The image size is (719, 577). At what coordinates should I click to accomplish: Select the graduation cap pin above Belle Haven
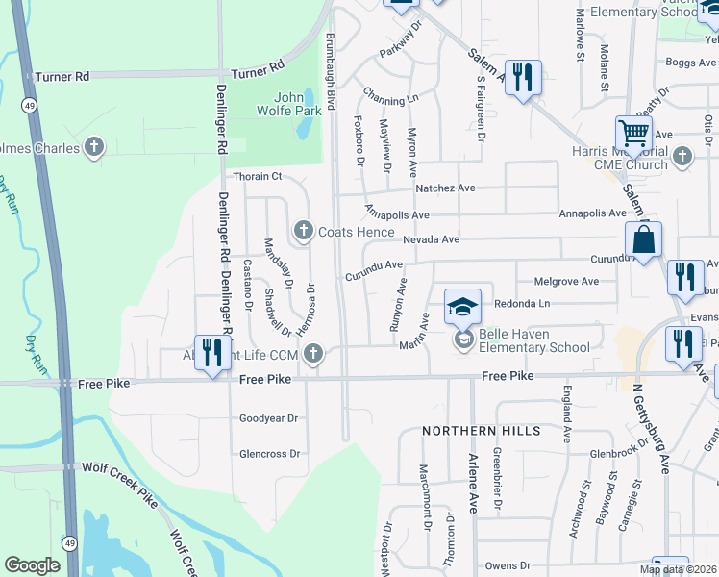point(462,308)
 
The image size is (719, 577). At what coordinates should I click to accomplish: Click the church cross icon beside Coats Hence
point(304,230)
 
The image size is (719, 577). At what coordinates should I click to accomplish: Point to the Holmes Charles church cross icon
point(93,147)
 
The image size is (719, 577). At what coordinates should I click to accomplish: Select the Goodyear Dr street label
point(269,419)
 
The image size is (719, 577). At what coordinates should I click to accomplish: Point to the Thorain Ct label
point(258,177)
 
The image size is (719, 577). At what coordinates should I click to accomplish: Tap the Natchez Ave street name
point(447,188)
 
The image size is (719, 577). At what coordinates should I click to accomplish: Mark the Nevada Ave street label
point(432,239)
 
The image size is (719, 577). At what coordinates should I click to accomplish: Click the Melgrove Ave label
point(566,282)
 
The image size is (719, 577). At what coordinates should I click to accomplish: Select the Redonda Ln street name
point(522,303)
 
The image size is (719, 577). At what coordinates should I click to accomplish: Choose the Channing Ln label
point(391,97)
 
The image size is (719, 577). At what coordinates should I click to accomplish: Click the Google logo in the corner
point(32,565)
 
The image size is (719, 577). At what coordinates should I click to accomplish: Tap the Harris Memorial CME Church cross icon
point(682,155)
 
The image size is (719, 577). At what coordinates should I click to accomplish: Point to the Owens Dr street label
point(508,566)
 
